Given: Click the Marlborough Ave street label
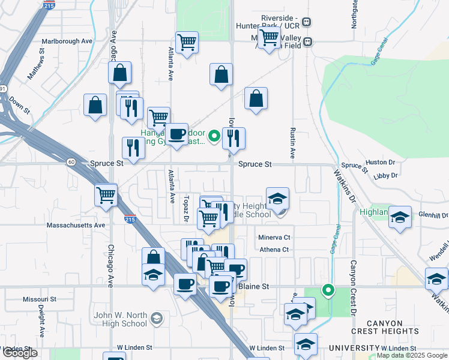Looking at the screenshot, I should coord(67,41).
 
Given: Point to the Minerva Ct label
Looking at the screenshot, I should coord(274,238).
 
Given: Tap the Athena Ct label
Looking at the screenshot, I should coord(274,249).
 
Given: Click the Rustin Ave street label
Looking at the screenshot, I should coord(293,143).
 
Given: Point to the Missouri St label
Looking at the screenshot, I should coord(40,299).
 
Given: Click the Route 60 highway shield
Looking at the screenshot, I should coord(71,162).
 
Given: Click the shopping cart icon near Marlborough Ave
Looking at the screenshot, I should coord(187,42).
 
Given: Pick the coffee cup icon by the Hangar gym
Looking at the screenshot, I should coord(176,134).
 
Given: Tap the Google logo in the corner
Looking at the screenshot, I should coord(19,353).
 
